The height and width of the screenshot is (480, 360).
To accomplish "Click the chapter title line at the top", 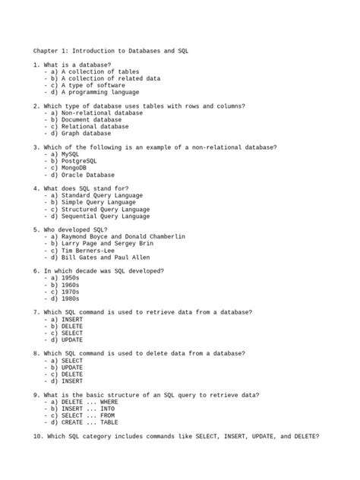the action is coord(110,50).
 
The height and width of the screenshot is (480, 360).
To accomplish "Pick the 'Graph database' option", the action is coord(86,133).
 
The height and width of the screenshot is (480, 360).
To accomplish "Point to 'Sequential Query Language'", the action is coord(106,216).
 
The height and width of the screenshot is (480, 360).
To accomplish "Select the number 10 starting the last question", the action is coord(38,437).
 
